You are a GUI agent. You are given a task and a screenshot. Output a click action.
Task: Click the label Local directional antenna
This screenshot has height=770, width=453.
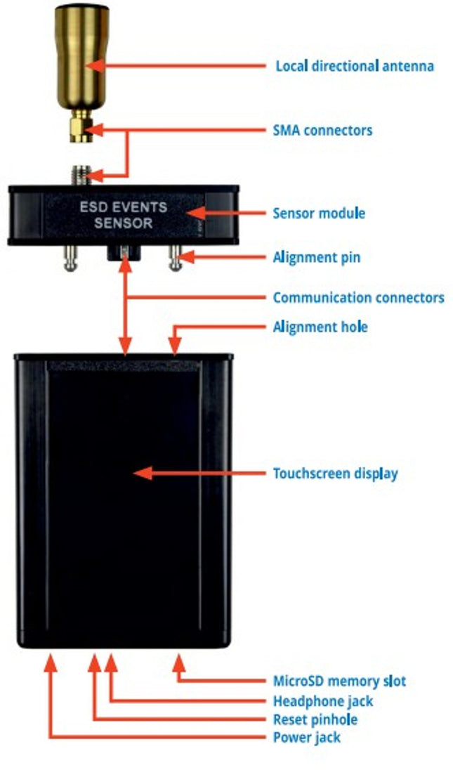354,67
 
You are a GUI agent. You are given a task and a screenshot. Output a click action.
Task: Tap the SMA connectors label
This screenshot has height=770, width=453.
322,131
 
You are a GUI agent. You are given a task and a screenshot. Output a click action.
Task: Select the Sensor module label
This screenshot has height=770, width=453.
318,212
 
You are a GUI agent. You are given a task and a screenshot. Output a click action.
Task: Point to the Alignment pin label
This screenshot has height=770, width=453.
316,257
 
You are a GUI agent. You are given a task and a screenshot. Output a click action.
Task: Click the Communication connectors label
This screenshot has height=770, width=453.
358,297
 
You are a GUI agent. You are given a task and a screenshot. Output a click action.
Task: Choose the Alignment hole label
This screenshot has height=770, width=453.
320,327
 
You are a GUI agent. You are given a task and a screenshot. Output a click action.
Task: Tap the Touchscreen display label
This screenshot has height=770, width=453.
335,473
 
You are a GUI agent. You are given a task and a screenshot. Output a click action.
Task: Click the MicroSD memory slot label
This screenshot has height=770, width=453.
339,681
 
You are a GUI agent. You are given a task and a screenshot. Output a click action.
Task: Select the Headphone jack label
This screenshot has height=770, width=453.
322,701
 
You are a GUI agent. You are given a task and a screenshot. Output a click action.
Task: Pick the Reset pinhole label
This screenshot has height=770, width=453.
315,719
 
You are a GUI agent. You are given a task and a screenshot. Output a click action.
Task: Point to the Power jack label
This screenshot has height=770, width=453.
306,738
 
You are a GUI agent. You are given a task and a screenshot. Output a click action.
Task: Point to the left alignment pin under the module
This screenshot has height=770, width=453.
69,256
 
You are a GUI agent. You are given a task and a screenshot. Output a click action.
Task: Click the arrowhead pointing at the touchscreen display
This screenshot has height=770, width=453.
141,473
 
